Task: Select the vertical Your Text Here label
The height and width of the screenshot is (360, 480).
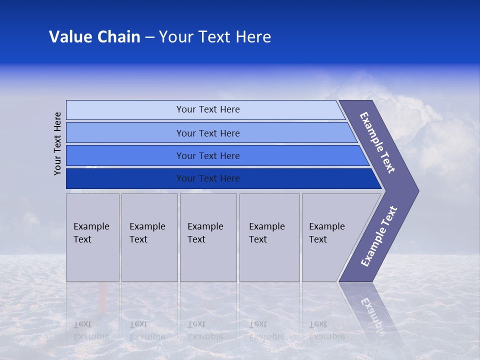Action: coord(58,143)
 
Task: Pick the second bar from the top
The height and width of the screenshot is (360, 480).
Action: coord(207,133)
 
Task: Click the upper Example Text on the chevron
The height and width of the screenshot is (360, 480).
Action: coord(377,142)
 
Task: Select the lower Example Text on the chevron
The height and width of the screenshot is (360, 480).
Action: coord(379,236)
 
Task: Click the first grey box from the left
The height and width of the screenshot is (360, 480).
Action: coord(92,237)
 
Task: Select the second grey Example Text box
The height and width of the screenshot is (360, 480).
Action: coord(149,237)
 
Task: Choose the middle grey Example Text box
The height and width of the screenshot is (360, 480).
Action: coord(208,237)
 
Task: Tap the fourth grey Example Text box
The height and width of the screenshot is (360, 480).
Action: coord(269,237)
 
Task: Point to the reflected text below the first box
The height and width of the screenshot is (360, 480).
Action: coord(91,330)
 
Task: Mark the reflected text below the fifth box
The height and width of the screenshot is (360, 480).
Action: coord(326,330)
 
